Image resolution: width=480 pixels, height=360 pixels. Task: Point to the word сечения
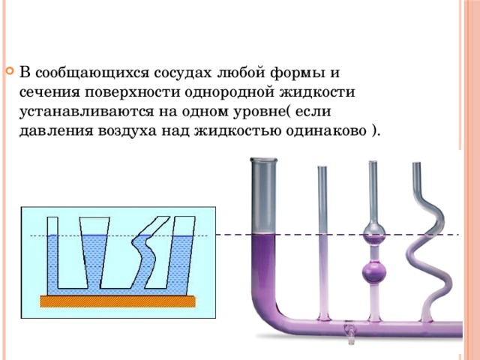[49, 93]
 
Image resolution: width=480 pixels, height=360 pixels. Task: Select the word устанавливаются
[86, 112]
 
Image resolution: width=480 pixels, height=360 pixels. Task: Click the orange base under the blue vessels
[118, 301]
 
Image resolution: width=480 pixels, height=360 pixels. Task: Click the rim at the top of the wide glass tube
[263, 160]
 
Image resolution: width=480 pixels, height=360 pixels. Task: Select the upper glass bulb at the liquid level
[373, 234]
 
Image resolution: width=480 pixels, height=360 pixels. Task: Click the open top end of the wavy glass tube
[417, 163]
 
